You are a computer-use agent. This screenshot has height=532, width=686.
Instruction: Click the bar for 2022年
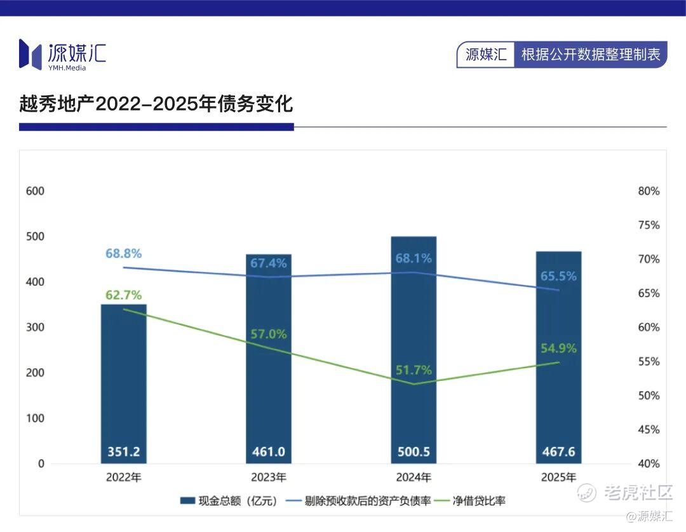(124, 381)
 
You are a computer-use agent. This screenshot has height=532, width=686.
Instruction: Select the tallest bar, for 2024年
(414, 349)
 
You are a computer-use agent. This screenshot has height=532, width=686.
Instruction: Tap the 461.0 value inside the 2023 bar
(269, 452)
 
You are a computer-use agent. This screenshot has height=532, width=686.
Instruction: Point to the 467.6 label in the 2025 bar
(558, 452)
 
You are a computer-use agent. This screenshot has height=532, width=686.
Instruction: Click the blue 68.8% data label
(124, 253)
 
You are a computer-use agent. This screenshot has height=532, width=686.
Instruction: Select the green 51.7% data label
(414, 369)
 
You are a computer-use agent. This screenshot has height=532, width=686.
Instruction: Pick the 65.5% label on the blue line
(558, 276)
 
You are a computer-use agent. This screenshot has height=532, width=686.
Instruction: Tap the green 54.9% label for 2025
(558, 348)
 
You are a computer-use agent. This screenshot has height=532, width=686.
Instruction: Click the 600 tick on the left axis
(36, 191)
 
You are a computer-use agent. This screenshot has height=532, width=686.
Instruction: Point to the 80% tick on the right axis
(648, 191)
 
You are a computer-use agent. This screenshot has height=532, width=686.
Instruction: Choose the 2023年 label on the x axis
(269, 477)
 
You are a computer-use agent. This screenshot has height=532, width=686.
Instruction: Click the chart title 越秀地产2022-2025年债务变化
(156, 104)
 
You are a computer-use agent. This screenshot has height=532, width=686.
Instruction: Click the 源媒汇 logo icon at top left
(30, 53)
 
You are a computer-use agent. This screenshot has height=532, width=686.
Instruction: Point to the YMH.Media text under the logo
(67, 68)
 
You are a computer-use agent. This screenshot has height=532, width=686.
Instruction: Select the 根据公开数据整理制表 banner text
(591, 55)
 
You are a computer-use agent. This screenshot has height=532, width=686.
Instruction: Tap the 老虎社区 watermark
(636, 492)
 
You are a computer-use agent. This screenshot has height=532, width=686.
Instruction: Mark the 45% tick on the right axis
(648, 430)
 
